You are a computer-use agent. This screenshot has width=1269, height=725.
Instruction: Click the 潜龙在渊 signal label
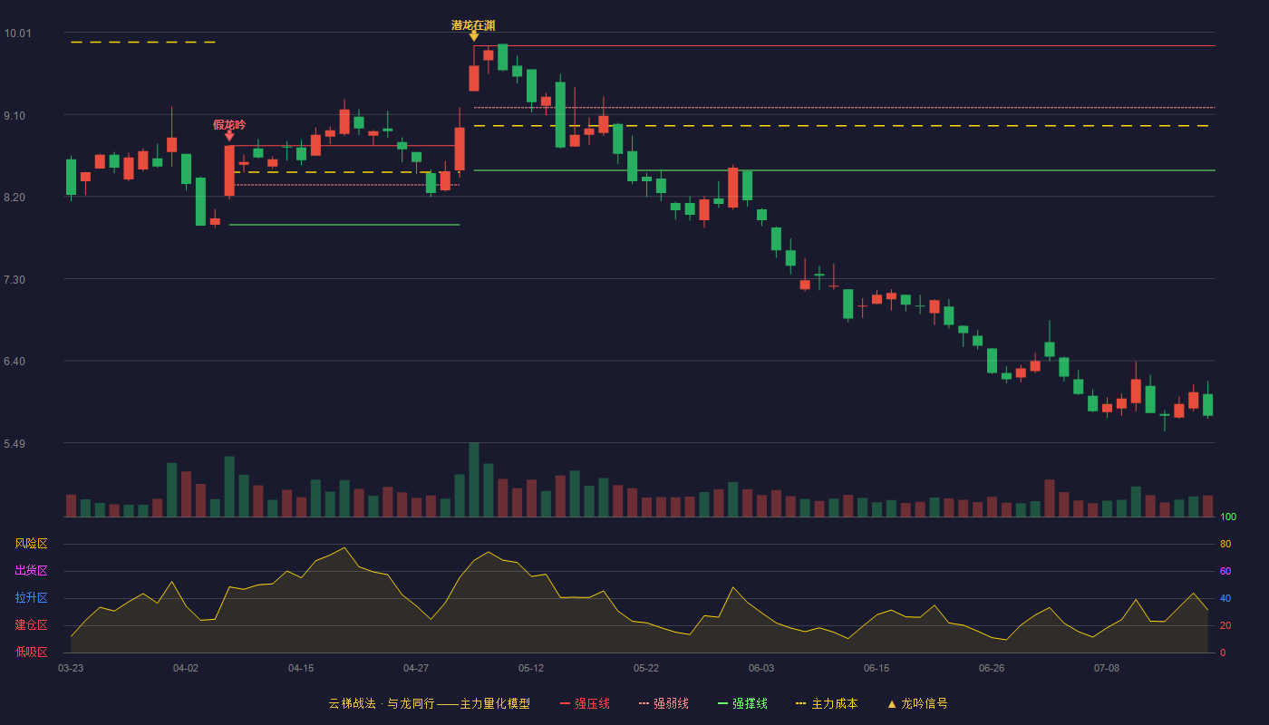click(x=473, y=25)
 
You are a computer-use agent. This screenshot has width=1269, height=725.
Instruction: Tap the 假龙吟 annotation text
click(x=229, y=125)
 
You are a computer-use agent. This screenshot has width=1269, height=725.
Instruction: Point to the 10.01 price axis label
click(x=17, y=34)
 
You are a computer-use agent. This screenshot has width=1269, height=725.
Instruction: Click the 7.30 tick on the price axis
click(x=15, y=280)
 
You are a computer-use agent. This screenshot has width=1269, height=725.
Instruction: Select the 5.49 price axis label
click(x=15, y=443)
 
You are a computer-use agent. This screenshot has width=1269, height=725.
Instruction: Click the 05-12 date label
click(x=531, y=669)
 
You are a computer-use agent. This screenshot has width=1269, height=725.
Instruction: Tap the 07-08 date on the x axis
click(x=1107, y=669)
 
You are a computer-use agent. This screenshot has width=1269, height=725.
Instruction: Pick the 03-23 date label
click(x=71, y=669)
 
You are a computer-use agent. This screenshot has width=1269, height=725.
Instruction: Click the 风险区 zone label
click(x=31, y=544)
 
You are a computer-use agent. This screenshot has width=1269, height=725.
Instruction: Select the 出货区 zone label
click(x=31, y=570)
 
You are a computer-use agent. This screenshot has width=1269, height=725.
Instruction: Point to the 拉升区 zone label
click(x=31, y=597)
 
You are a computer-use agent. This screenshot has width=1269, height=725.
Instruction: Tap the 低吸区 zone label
click(x=31, y=652)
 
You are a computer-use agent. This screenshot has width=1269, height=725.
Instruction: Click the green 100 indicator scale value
click(x=1228, y=517)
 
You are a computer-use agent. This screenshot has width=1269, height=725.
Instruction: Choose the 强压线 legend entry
click(x=585, y=703)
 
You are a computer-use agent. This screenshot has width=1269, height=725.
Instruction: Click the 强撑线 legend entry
click(x=742, y=703)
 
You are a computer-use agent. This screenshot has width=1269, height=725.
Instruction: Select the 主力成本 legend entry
click(x=827, y=703)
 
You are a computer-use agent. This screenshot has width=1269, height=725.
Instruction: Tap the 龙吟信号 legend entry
click(x=917, y=703)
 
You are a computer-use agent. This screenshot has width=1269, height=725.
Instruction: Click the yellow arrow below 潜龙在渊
click(x=474, y=36)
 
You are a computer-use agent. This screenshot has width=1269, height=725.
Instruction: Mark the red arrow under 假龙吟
click(x=229, y=136)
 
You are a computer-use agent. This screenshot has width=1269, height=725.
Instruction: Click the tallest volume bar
click(x=474, y=479)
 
